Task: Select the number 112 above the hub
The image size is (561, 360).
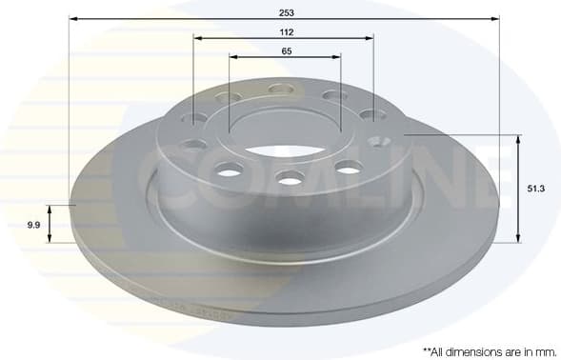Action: (286, 31)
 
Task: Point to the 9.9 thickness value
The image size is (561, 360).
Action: (33, 225)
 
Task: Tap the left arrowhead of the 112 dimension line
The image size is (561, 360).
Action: (197, 38)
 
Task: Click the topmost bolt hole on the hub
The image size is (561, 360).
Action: (281, 89)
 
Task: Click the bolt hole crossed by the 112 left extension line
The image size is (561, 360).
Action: (194, 119)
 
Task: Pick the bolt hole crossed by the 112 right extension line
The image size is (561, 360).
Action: (372, 114)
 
